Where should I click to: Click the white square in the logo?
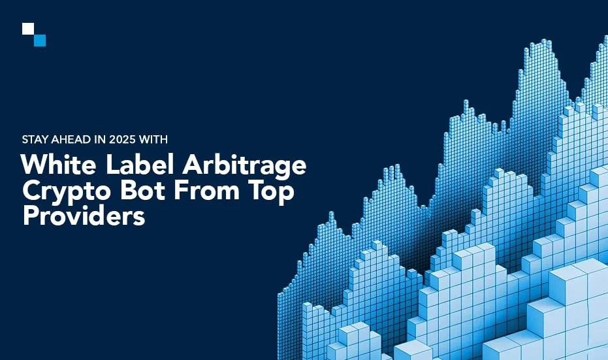(x=27, y=29)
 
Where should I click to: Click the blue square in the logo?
(x=40, y=41)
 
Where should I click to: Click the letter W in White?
(x=33, y=165)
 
